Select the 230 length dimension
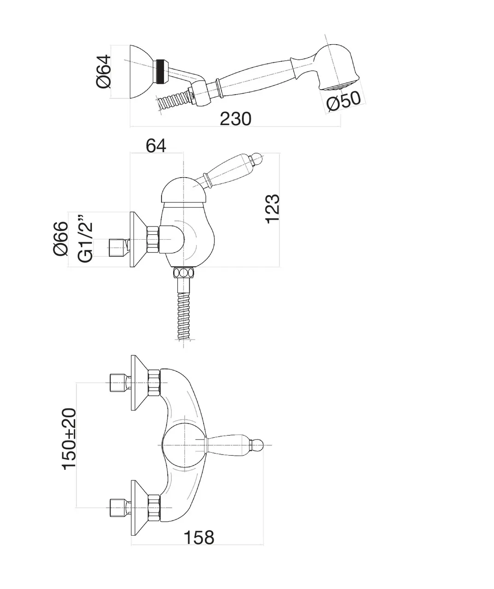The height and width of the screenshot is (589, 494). [235, 119]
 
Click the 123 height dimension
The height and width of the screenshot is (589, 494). [272, 208]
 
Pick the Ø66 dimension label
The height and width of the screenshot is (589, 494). [61, 238]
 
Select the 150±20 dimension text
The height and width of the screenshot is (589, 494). [70, 439]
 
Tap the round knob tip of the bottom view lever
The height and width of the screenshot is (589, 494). [258, 445]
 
